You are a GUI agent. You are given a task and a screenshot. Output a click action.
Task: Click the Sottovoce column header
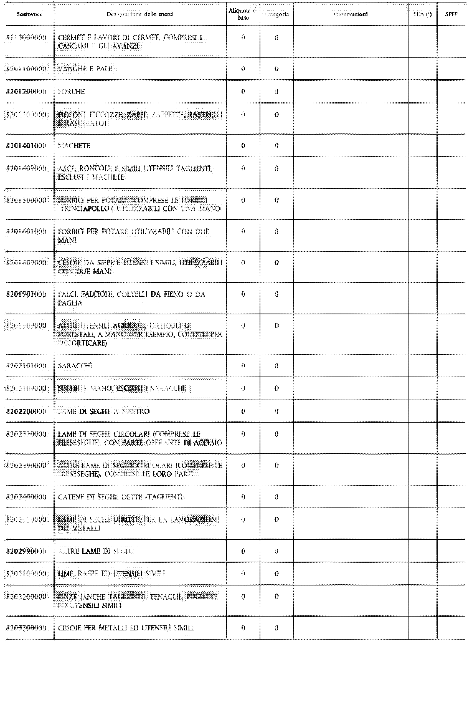(29, 14)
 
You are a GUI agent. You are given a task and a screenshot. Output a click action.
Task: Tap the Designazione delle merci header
(140, 14)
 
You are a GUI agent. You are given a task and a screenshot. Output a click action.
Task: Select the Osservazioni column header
(351, 14)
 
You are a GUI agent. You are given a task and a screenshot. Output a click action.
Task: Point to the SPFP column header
(451, 14)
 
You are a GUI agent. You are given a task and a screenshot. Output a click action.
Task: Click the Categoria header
(276, 14)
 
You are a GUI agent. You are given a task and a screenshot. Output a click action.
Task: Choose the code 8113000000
(27, 38)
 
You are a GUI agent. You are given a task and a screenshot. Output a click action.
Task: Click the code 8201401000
(27, 146)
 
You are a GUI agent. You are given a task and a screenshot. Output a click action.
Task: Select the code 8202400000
(27, 497)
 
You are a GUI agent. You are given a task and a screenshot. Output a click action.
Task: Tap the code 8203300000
(27, 628)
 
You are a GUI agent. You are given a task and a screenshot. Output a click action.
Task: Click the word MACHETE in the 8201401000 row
(74, 146)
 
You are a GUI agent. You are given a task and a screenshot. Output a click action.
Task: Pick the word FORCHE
(71, 92)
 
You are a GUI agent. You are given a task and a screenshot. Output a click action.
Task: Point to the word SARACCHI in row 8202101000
(75, 366)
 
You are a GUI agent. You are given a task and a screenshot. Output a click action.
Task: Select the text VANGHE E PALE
(85, 69)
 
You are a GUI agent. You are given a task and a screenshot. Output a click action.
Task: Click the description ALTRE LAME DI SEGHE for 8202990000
(96, 551)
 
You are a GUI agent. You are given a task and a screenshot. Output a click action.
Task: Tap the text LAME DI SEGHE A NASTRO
(103, 411)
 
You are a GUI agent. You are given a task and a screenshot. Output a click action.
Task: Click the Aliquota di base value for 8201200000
(243, 92)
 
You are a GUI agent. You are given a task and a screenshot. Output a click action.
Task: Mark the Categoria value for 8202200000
(276, 411)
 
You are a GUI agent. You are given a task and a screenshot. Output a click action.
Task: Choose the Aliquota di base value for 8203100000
(243, 574)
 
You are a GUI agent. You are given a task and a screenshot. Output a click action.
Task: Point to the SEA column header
(422, 14)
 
